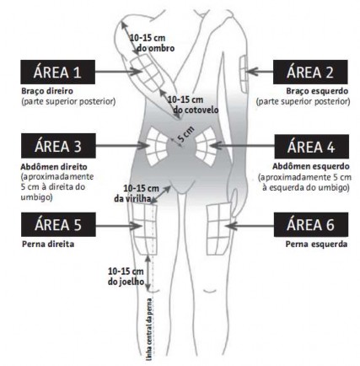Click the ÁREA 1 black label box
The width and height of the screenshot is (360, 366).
pyautogui.click(x=57, y=72)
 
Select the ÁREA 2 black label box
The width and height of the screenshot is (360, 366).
pyautogui.click(x=310, y=72)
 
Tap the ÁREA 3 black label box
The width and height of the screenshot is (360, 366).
pyautogui.click(x=58, y=146)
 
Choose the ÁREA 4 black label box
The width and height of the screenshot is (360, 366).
pyautogui.click(x=311, y=147)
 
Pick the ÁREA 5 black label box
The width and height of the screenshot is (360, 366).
pyautogui.click(x=58, y=224)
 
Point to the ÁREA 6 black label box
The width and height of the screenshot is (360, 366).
pyautogui.click(x=311, y=224)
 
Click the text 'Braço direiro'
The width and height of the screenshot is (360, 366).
pyautogui.click(x=47, y=91)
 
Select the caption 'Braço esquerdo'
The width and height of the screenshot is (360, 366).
pyautogui.click(x=317, y=91)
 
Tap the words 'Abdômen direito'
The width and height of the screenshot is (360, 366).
pyautogui.click(x=54, y=167)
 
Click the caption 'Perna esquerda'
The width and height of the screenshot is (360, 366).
pyautogui.click(x=316, y=245)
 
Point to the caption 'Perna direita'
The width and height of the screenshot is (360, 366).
pyautogui.click(x=48, y=244)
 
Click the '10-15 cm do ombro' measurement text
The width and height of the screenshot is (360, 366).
pyautogui.click(x=152, y=43)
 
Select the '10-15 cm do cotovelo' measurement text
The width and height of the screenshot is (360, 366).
pyautogui.click(x=193, y=105)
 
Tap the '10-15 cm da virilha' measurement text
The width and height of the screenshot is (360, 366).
pyautogui.click(x=137, y=193)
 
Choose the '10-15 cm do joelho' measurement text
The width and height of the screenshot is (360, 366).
pyautogui.click(x=126, y=277)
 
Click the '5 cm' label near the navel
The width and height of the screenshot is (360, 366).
pyautogui.click(x=185, y=134)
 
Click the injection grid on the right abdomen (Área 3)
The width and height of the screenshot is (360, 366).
pyautogui.click(x=156, y=146)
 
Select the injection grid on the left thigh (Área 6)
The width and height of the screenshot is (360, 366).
pyautogui.click(x=218, y=229)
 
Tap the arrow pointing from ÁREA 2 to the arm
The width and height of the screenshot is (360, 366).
pyautogui.click(x=261, y=72)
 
